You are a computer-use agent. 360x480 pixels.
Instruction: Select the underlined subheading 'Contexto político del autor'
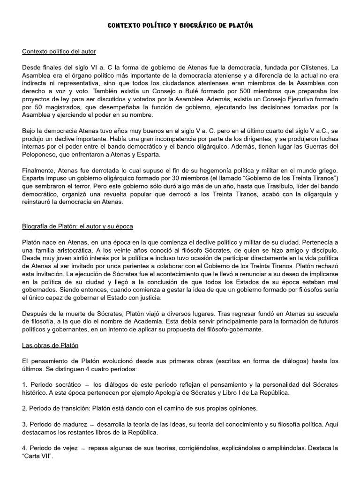(59, 51)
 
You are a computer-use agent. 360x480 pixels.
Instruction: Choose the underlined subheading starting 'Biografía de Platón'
(77, 226)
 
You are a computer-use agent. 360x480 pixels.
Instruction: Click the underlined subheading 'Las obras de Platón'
(50, 346)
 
